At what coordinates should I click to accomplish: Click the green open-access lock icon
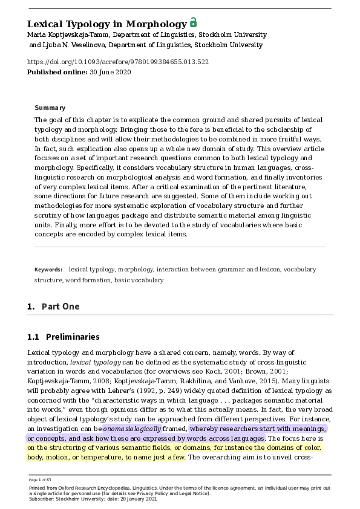193,23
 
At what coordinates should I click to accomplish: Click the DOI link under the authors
118,62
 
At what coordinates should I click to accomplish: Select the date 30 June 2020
110,72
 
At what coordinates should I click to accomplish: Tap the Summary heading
50,108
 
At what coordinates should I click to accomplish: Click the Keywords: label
48,270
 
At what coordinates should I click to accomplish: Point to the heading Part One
61,306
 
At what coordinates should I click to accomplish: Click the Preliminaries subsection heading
73,337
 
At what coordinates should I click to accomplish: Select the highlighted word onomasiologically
132,428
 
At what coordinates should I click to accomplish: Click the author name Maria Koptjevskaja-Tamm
67,35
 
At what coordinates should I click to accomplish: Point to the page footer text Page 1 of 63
41,479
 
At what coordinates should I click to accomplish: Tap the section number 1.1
33,337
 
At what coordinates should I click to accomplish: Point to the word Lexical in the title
46,24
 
